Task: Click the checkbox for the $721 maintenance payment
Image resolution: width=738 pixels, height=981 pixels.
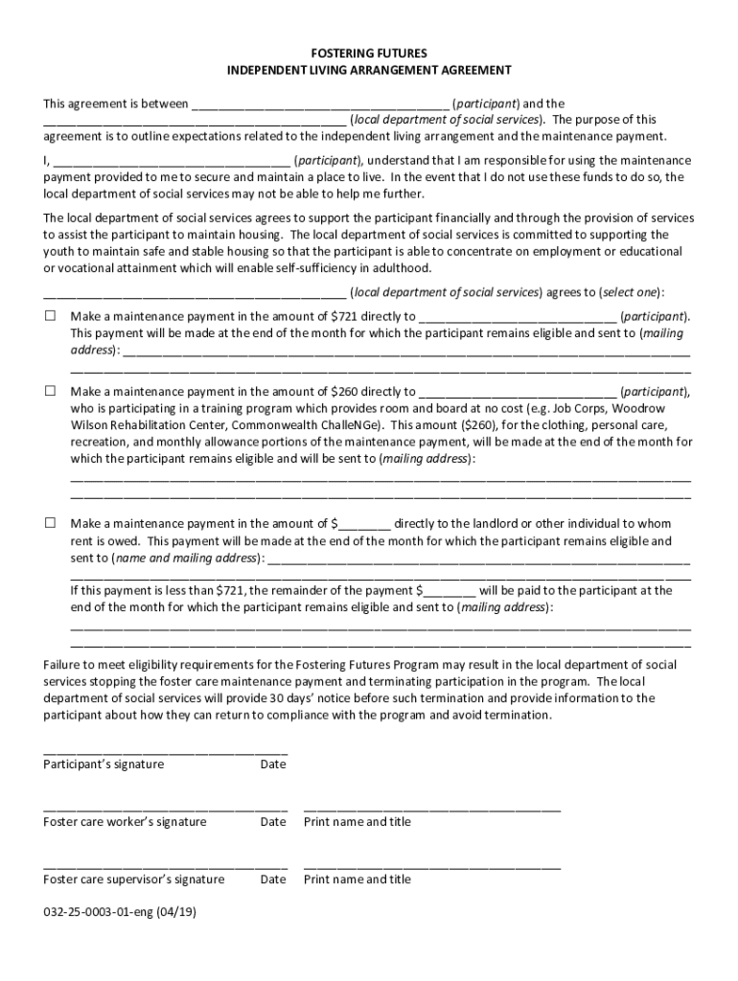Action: pyautogui.click(x=50, y=315)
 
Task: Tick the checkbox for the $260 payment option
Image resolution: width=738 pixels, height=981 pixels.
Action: pyautogui.click(x=50, y=391)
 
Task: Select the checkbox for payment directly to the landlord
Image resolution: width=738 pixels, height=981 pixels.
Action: pyautogui.click(x=50, y=523)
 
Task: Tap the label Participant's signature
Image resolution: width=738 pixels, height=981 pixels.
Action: pyautogui.click(x=104, y=764)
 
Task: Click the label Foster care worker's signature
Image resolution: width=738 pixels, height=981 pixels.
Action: pyautogui.click(x=125, y=821)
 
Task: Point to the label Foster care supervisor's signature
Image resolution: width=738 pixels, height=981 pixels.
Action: pyautogui.click(x=134, y=878)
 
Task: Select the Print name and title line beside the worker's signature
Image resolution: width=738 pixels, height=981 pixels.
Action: pyautogui.click(x=432, y=810)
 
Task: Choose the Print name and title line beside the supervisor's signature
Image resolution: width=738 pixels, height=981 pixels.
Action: pyautogui.click(x=432, y=867)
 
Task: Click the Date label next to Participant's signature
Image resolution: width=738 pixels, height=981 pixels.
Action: pyautogui.click(x=273, y=764)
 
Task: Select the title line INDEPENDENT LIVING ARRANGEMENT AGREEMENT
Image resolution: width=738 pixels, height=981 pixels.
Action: pyautogui.click(x=369, y=70)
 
